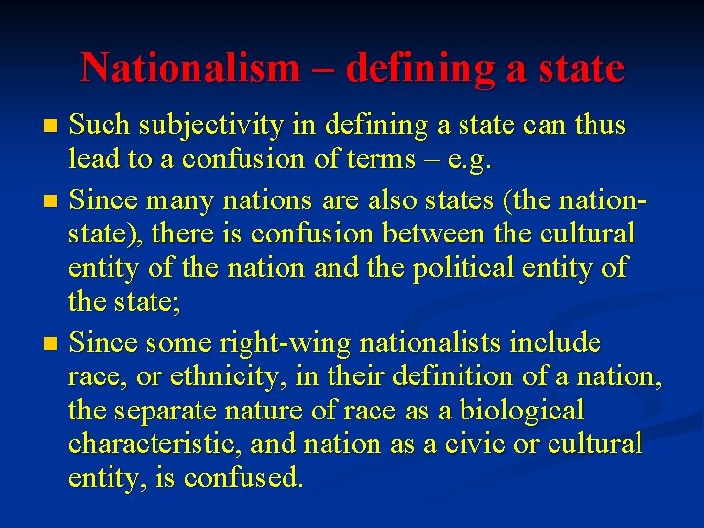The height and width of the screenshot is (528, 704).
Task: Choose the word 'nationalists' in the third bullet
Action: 442,344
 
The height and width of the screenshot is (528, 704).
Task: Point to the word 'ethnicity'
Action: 200,377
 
